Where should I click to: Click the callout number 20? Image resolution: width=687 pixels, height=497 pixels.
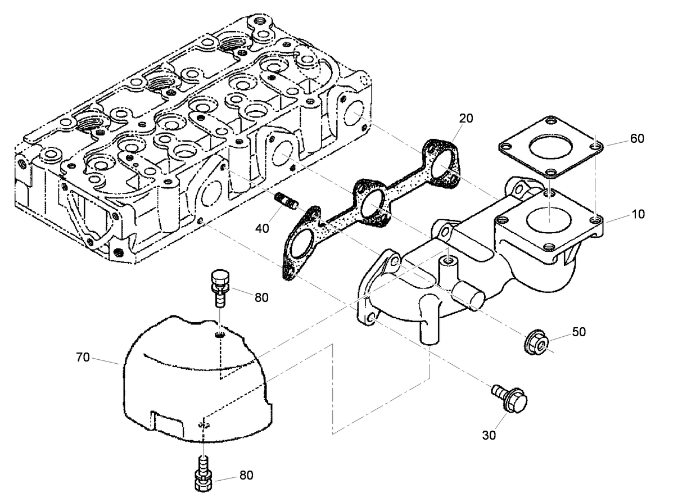click(465, 118)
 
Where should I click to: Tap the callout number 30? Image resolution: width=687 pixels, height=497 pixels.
click(489, 435)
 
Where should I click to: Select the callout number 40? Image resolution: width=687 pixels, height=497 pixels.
click(263, 228)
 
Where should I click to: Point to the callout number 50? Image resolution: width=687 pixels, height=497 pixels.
click(578, 332)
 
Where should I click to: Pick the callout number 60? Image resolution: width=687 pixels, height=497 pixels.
click(637, 138)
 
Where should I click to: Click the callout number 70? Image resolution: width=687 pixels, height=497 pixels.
click(82, 357)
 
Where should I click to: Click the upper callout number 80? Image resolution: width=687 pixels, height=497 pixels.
click(261, 297)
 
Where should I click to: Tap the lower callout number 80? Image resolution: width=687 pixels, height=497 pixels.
click(246, 475)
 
